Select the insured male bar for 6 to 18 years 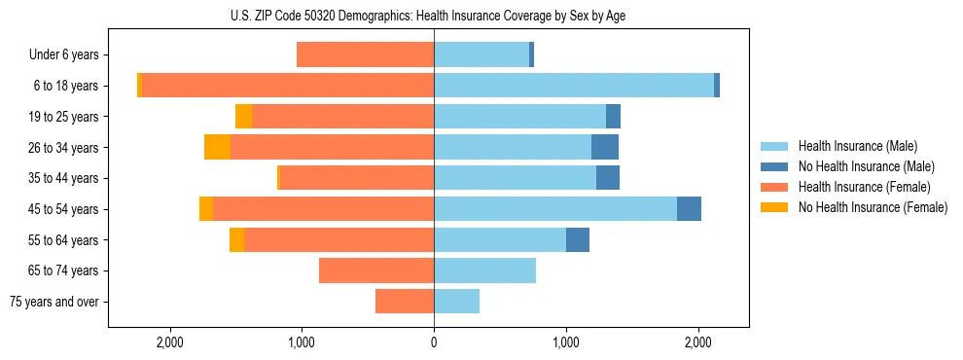574,86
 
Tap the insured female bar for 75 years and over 405,302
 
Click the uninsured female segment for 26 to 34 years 218,147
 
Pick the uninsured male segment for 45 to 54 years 689,209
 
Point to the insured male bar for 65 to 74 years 484,270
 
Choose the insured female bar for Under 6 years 365,54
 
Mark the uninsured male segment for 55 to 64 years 578,239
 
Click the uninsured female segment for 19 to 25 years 244,117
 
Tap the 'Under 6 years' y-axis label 63,55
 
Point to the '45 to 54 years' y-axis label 63,209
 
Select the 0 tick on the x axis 434,342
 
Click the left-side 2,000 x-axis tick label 169,342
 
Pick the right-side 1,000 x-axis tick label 566,342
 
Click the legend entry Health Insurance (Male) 857,146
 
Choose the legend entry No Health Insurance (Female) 873,207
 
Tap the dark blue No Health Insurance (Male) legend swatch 774,166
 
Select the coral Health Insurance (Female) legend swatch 774,187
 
